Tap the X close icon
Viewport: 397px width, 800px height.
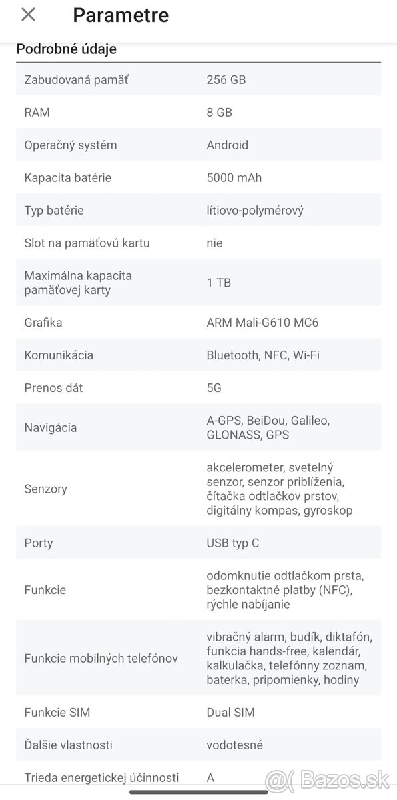tap(28, 15)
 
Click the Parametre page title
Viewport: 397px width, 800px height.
tap(121, 15)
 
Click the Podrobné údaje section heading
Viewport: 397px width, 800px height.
tap(66, 49)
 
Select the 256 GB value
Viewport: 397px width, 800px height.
tap(226, 80)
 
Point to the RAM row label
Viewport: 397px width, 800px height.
tap(37, 113)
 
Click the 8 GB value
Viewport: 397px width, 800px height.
tap(219, 113)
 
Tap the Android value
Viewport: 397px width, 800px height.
tap(227, 145)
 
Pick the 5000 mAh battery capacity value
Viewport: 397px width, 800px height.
tap(234, 178)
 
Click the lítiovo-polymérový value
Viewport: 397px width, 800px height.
tap(254, 211)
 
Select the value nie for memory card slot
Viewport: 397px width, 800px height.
tap(214, 243)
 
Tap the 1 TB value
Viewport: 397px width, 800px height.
tap(218, 283)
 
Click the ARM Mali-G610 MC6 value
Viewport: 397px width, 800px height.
tap(262, 323)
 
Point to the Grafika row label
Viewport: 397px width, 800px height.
tap(43, 323)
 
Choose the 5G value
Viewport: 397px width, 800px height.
tap(214, 388)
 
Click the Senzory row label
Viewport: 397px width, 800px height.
tap(45, 489)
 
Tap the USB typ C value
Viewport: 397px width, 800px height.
tap(232, 543)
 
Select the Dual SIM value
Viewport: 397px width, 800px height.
tap(230, 713)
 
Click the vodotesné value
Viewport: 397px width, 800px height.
tap(234, 745)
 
